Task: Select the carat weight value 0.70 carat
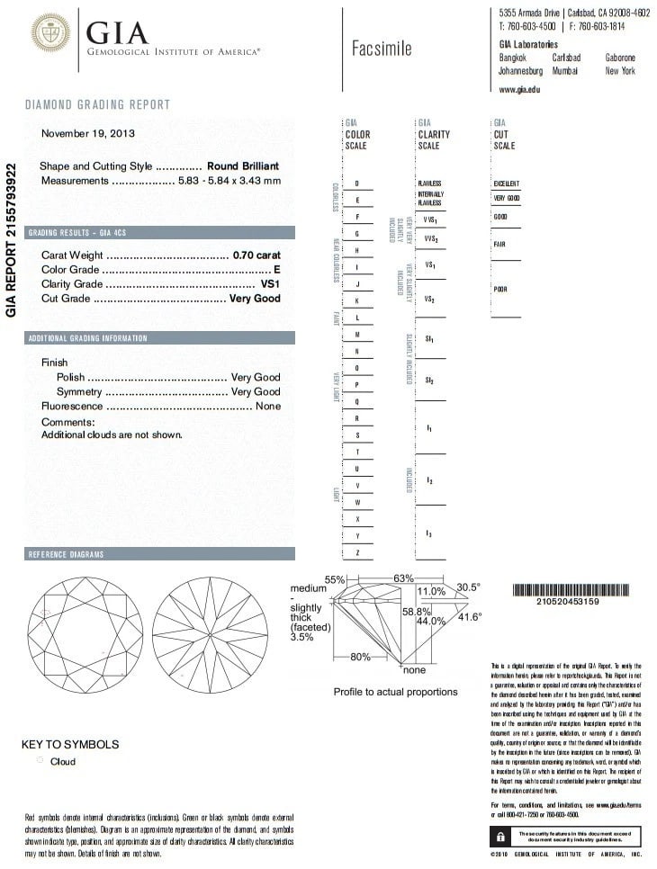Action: [x=256, y=255]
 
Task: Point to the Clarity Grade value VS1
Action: [x=270, y=284]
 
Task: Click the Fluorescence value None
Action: [x=267, y=407]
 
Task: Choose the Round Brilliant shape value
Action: [x=243, y=166]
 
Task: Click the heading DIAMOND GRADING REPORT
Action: [x=97, y=105]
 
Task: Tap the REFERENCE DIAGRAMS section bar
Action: [x=159, y=553]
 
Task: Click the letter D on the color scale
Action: [x=358, y=184]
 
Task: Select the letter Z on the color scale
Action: [x=358, y=552]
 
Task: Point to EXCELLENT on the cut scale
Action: [x=507, y=184]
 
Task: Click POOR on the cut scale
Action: [x=500, y=290]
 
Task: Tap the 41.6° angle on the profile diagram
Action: [x=470, y=617]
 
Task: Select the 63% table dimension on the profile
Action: [x=402, y=578]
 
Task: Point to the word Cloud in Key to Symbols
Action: [x=63, y=762]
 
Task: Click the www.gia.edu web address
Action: [x=520, y=89]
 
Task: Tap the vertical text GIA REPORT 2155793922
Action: [x=12, y=239]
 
